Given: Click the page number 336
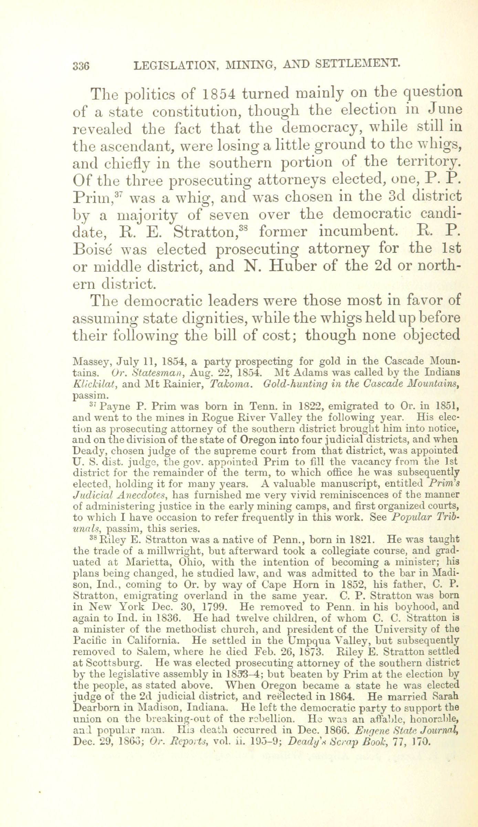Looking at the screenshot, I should tap(81, 65).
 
